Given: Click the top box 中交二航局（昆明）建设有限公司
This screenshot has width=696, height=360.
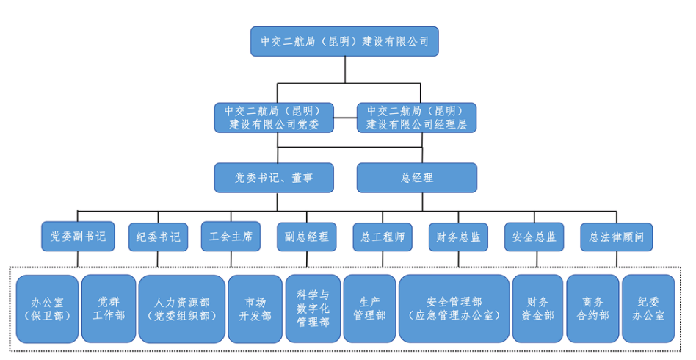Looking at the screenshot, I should point(344,40).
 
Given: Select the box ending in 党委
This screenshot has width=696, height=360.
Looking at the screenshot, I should point(273,118).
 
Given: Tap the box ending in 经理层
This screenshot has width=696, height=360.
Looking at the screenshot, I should point(416,118).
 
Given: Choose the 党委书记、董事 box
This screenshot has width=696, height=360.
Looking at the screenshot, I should point(273,177).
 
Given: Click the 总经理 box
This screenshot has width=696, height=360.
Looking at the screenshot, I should point(416,177).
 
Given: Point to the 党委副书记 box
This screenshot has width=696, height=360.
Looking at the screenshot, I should point(78,237).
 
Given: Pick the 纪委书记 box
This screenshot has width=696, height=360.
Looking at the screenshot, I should point(157,237).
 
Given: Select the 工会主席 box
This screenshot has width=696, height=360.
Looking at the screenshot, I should point(231,237).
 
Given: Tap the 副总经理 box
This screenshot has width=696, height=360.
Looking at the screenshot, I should point(306,237).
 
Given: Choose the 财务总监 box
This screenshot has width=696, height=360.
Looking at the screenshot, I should point(458,237).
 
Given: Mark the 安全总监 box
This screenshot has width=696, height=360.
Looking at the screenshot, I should point(534,237).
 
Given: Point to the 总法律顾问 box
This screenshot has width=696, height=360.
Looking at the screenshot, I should point(616,237).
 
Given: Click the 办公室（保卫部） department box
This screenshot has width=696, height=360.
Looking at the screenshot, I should point(47,309).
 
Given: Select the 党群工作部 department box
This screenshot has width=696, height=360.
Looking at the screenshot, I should point(108,309).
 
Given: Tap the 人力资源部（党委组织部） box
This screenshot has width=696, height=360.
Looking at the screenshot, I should point(181,309).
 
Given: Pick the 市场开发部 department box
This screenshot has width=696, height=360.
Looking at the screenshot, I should point(255,309).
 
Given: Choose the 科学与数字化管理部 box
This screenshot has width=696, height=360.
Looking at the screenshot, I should point(313,309).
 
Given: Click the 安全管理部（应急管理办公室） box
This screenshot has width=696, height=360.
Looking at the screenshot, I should point(454,309).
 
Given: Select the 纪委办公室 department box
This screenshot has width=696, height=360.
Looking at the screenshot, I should point(648,309).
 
